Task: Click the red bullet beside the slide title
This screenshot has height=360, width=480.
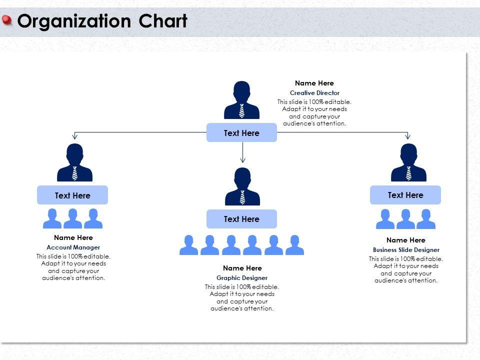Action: pos(7,20)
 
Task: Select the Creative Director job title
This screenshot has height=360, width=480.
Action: pos(314,93)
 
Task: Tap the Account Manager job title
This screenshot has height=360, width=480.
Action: pos(73,247)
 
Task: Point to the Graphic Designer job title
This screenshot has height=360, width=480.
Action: pos(242,278)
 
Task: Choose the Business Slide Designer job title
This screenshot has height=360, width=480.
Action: pos(406,250)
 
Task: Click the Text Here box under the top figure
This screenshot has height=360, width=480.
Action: pos(241,133)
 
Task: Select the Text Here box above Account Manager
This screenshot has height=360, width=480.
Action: pos(72,195)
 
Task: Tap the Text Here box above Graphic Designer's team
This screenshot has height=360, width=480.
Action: pos(241,219)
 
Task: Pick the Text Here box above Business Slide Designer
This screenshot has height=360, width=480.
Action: pos(405,195)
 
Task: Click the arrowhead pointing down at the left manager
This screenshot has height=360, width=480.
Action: pos(75,136)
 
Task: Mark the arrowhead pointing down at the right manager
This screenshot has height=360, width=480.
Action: pos(408,136)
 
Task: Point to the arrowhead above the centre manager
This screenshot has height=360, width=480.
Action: pos(242,160)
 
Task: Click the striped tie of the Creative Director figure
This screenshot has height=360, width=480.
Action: pos(242,111)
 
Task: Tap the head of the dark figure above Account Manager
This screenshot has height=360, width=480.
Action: pos(74,152)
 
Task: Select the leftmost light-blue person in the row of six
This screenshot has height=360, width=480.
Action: pos(188,244)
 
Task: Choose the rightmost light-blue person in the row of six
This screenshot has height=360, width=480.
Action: pos(294,244)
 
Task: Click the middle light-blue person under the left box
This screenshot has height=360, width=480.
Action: pos(72,218)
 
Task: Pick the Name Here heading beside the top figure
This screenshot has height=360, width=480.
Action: pos(314,83)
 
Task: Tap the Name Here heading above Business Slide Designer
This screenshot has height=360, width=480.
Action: pos(406,240)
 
